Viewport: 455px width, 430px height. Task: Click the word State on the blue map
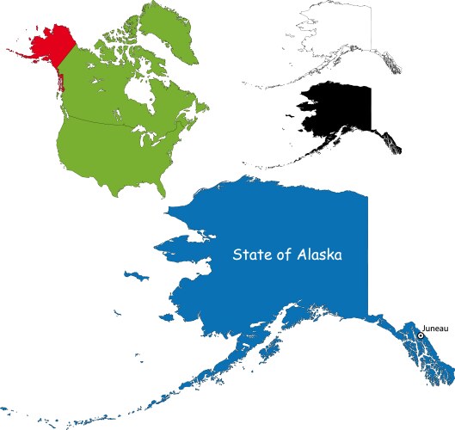pyautogui.click(x=252, y=255)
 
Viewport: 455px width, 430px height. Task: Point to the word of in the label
pyautogui.click(x=285, y=255)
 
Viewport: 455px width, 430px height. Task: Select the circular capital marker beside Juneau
pyautogui.click(x=421, y=335)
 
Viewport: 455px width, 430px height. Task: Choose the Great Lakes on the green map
pyautogui.click(x=146, y=129)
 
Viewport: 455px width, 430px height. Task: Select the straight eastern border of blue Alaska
pyautogui.click(x=367, y=258)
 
